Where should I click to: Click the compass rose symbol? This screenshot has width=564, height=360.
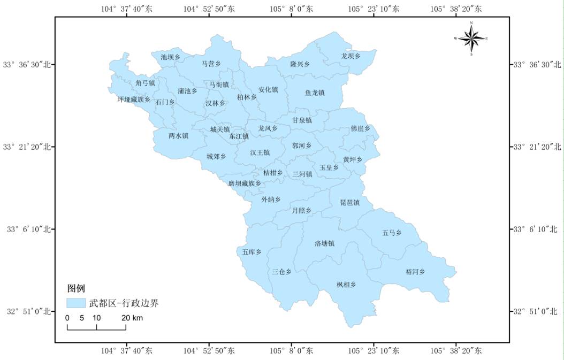[471, 38]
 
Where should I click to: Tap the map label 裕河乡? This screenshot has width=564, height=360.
[415, 272]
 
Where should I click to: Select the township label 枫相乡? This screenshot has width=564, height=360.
[346, 285]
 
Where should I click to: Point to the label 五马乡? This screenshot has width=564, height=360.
[392, 233]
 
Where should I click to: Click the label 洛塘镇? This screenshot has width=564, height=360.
[324, 243]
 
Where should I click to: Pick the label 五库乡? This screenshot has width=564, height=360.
[251, 251]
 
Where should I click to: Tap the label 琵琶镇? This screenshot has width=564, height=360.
[349, 203]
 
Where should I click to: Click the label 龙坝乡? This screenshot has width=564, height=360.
[351, 56]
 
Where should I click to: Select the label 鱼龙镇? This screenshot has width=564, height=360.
[315, 93]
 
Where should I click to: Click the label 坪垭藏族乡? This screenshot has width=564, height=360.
[134, 99]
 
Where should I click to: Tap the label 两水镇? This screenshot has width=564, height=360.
[178, 136]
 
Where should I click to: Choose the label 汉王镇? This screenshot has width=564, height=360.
[260, 152]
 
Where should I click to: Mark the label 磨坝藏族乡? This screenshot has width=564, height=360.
[245, 183]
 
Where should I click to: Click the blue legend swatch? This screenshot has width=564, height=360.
[76, 303]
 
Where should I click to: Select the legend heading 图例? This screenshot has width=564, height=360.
[76, 289]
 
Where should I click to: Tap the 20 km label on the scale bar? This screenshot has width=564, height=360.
[132, 318]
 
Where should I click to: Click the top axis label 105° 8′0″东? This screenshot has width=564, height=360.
[291, 9]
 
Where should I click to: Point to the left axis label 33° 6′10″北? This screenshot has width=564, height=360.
[27, 229]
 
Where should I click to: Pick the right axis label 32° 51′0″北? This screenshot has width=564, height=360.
[536, 311]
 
